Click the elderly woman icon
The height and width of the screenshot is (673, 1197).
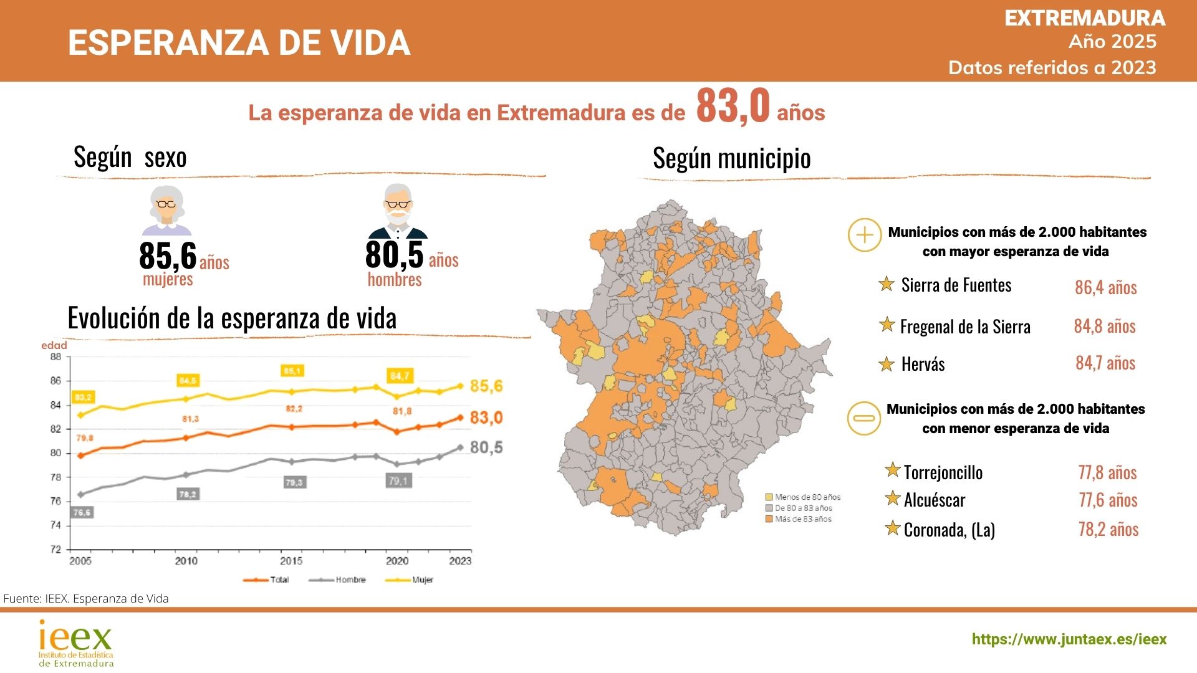click(x=166, y=211)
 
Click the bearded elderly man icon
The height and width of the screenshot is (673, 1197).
click(x=398, y=212)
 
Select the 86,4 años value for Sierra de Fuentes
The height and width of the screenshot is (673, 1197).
click(x=1105, y=287)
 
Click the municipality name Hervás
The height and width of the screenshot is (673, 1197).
click(x=923, y=364)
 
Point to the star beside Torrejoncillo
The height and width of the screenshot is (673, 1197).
click(x=893, y=470)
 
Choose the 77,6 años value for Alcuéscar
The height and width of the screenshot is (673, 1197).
click(x=1108, y=500)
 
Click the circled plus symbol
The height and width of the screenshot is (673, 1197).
click(x=865, y=235)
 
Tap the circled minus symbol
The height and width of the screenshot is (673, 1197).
click(x=864, y=418)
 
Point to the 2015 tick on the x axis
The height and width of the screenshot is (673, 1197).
click(x=291, y=561)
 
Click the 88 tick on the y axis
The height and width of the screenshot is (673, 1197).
click(x=56, y=357)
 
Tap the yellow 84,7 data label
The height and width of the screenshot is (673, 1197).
click(x=400, y=376)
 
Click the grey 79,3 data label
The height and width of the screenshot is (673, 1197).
click(x=294, y=482)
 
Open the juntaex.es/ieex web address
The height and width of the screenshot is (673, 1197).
click(x=1069, y=639)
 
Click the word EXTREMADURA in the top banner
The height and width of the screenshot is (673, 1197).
click(x=1085, y=18)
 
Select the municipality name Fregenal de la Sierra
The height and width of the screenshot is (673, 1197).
click(x=965, y=327)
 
